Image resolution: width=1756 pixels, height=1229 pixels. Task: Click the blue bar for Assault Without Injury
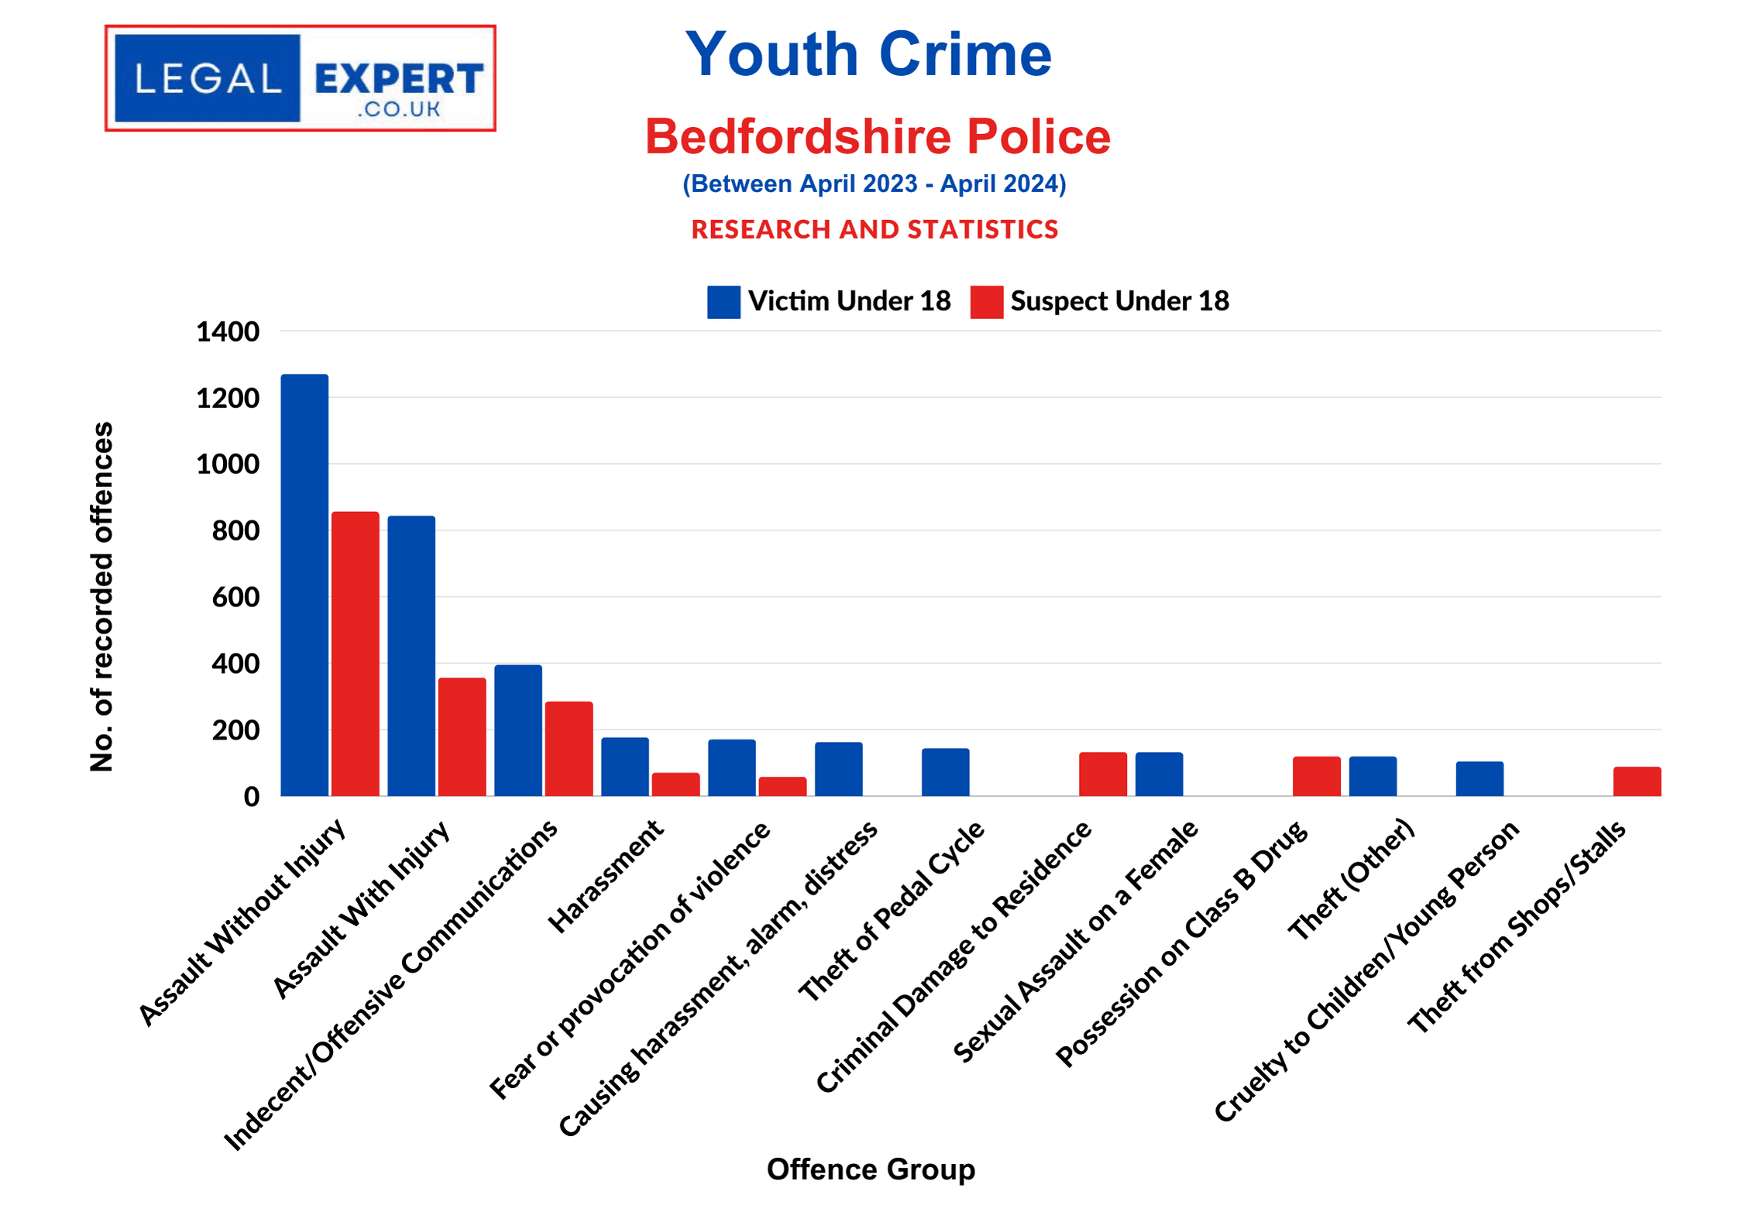point(304,585)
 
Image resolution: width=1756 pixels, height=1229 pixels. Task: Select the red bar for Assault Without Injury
point(356,654)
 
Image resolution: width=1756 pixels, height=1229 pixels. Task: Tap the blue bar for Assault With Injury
point(411,655)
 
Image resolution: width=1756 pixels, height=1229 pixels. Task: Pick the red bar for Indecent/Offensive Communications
point(569,748)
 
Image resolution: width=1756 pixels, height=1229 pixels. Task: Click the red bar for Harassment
point(675,784)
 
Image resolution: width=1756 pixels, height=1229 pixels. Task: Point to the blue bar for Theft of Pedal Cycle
point(945,771)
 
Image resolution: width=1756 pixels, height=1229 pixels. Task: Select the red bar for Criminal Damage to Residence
point(1103,774)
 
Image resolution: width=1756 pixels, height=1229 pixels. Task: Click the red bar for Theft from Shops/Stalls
point(1637,781)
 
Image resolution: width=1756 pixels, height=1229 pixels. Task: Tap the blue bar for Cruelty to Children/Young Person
point(1479,778)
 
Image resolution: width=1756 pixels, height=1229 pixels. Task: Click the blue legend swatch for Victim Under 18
point(723,302)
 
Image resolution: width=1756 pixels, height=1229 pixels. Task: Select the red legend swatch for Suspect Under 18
point(986,302)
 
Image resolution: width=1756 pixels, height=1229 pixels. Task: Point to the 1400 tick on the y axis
point(228,331)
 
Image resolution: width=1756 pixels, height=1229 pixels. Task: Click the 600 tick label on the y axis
point(235,597)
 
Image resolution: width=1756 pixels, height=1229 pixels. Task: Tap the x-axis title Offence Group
point(871,1169)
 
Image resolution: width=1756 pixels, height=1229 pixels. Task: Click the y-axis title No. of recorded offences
point(102,596)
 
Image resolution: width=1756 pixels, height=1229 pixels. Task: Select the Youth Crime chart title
point(868,54)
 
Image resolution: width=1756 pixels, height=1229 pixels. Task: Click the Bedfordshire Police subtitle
point(878,136)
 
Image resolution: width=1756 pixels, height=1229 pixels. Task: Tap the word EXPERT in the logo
point(399,79)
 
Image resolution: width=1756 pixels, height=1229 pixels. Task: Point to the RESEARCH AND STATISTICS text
point(875,229)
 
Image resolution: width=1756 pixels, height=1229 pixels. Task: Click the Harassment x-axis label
point(606,877)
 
